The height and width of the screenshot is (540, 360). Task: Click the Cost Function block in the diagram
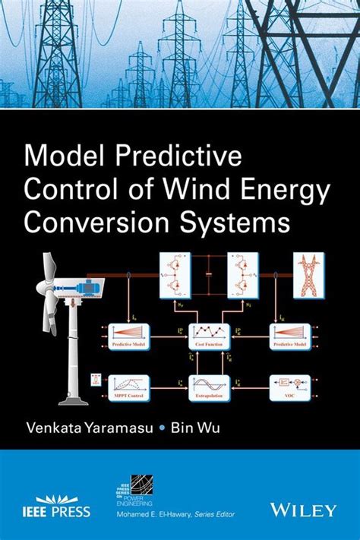pyautogui.click(x=209, y=335)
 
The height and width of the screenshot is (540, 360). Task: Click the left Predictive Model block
pyautogui.click(x=128, y=335)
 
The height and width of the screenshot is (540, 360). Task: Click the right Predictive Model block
pyautogui.click(x=290, y=335)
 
